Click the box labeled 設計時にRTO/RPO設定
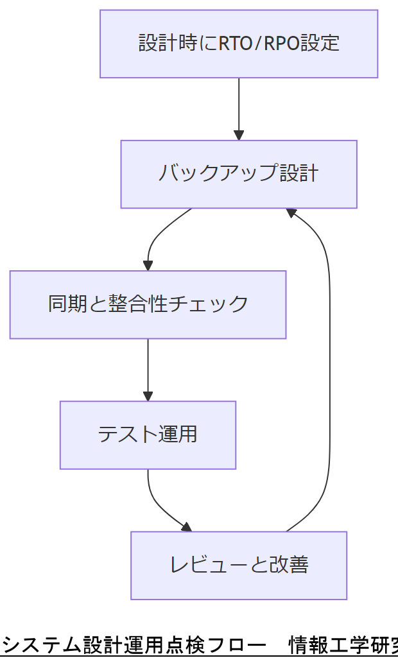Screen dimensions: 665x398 [x=239, y=44]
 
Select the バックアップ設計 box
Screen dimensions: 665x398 [x=239, y=174]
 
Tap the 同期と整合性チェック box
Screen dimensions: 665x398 [x=148, y=304]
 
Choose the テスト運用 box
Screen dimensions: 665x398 [x=148, y=435]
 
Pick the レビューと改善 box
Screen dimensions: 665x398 [x=239, y=566]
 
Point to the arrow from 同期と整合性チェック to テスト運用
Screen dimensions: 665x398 [x=148, y=369]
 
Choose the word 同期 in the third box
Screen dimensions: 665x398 [x=70, y=304]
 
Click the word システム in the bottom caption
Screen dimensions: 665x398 [x=42, y=644]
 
